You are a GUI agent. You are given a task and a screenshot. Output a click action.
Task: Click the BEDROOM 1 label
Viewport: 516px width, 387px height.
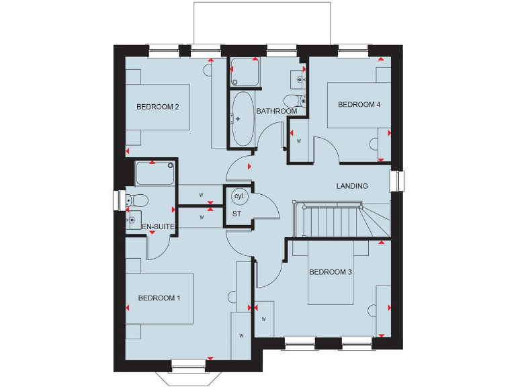[x=159, y=298]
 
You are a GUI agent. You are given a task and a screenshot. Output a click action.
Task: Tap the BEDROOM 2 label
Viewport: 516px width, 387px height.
[x=157, y=107]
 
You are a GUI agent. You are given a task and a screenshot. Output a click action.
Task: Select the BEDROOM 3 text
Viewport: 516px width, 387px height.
[x=331, y=272]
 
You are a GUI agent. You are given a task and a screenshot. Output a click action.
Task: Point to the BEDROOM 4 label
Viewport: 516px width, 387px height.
[x=359, y=105]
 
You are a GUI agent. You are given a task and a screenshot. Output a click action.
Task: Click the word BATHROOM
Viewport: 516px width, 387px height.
[x=276, y=112]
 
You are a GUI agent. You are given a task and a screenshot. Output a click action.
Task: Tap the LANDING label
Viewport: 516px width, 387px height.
[x=352, y=186]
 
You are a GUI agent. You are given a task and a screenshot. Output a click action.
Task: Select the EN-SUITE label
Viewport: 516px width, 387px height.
[x=159, y=228]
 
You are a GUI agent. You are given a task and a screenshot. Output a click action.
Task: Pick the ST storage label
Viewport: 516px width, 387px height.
[x=236, y=214]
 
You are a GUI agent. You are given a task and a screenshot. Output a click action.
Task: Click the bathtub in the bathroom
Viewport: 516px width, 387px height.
[x=243, y=119]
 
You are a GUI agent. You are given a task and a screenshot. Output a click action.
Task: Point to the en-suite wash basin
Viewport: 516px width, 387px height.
[x=132, y=219]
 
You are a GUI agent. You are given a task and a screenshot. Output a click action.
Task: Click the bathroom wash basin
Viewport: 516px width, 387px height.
[x=298, y=79]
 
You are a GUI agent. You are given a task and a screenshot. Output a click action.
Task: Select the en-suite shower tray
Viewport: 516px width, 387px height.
[x=154, y=173]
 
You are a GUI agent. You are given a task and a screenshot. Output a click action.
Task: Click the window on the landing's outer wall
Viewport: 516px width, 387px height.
[x=400, y=181]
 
